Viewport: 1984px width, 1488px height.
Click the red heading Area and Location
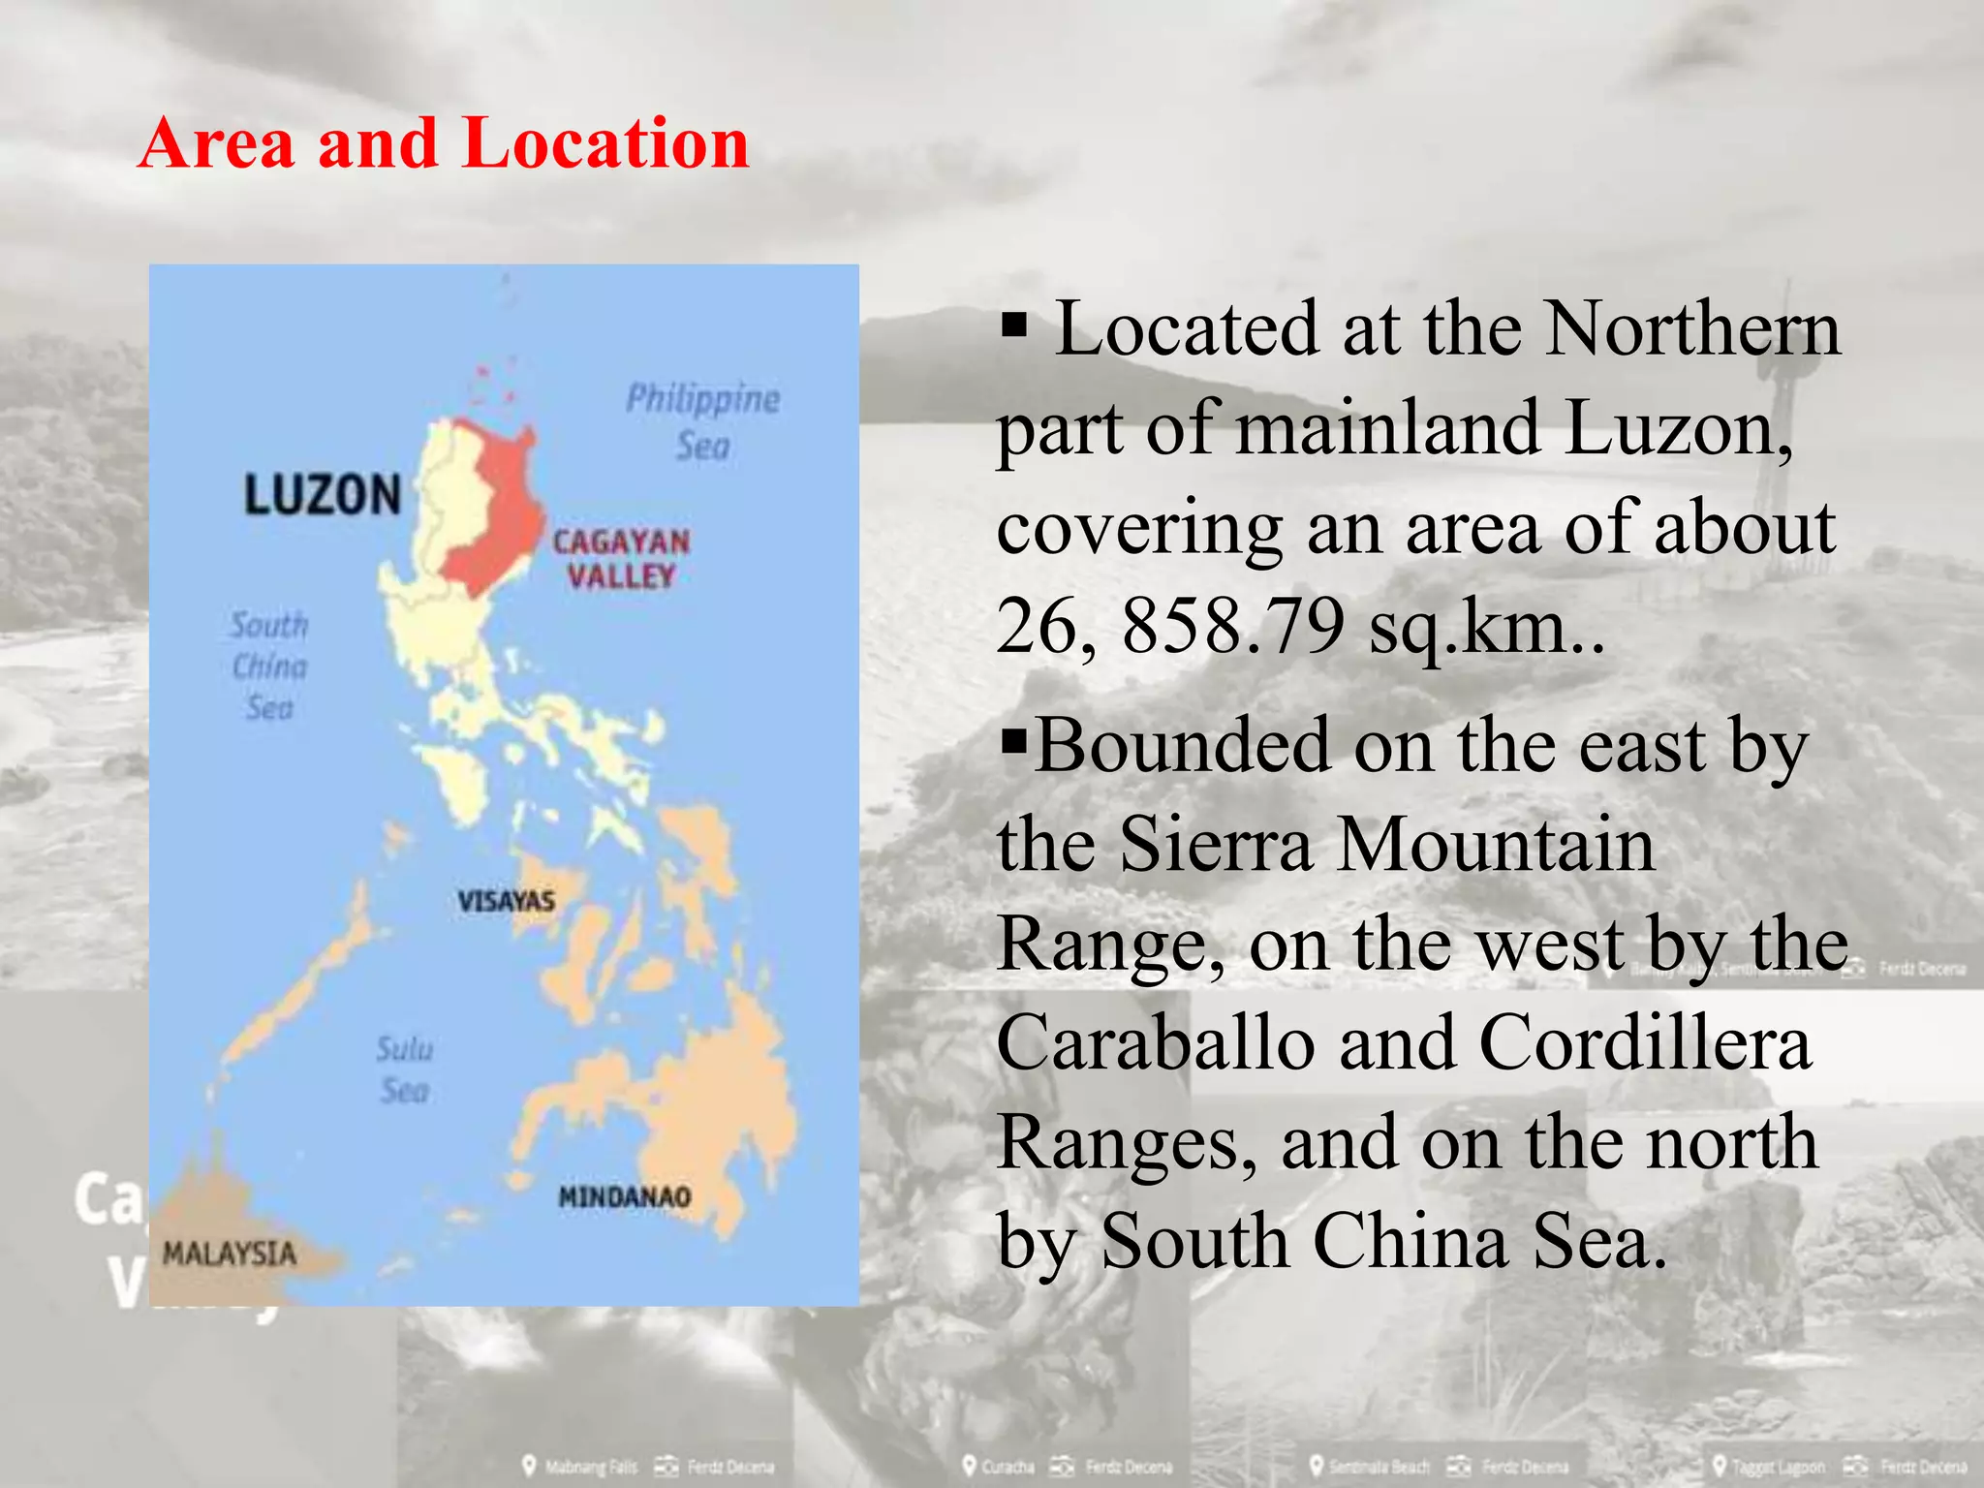click(444, 143)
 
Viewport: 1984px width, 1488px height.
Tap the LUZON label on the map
click(322, 494)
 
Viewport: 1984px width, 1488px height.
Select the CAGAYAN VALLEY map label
click(621, 559)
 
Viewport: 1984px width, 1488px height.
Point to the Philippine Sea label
click(702, 422)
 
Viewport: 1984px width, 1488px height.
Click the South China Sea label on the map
click(269, 666)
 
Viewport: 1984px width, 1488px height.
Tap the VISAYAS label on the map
click(506, 901)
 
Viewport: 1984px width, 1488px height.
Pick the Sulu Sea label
click(404, 1069)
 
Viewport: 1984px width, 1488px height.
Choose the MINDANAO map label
click(625, 1197)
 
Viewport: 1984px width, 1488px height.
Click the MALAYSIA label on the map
click(229, 1254)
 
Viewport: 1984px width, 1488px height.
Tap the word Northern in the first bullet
click(1691, 329)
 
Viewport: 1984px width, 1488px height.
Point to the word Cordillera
click(1645, 1044)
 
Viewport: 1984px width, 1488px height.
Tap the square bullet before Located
click(1014, 326)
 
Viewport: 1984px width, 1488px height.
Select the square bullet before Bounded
click(1014, 743)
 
